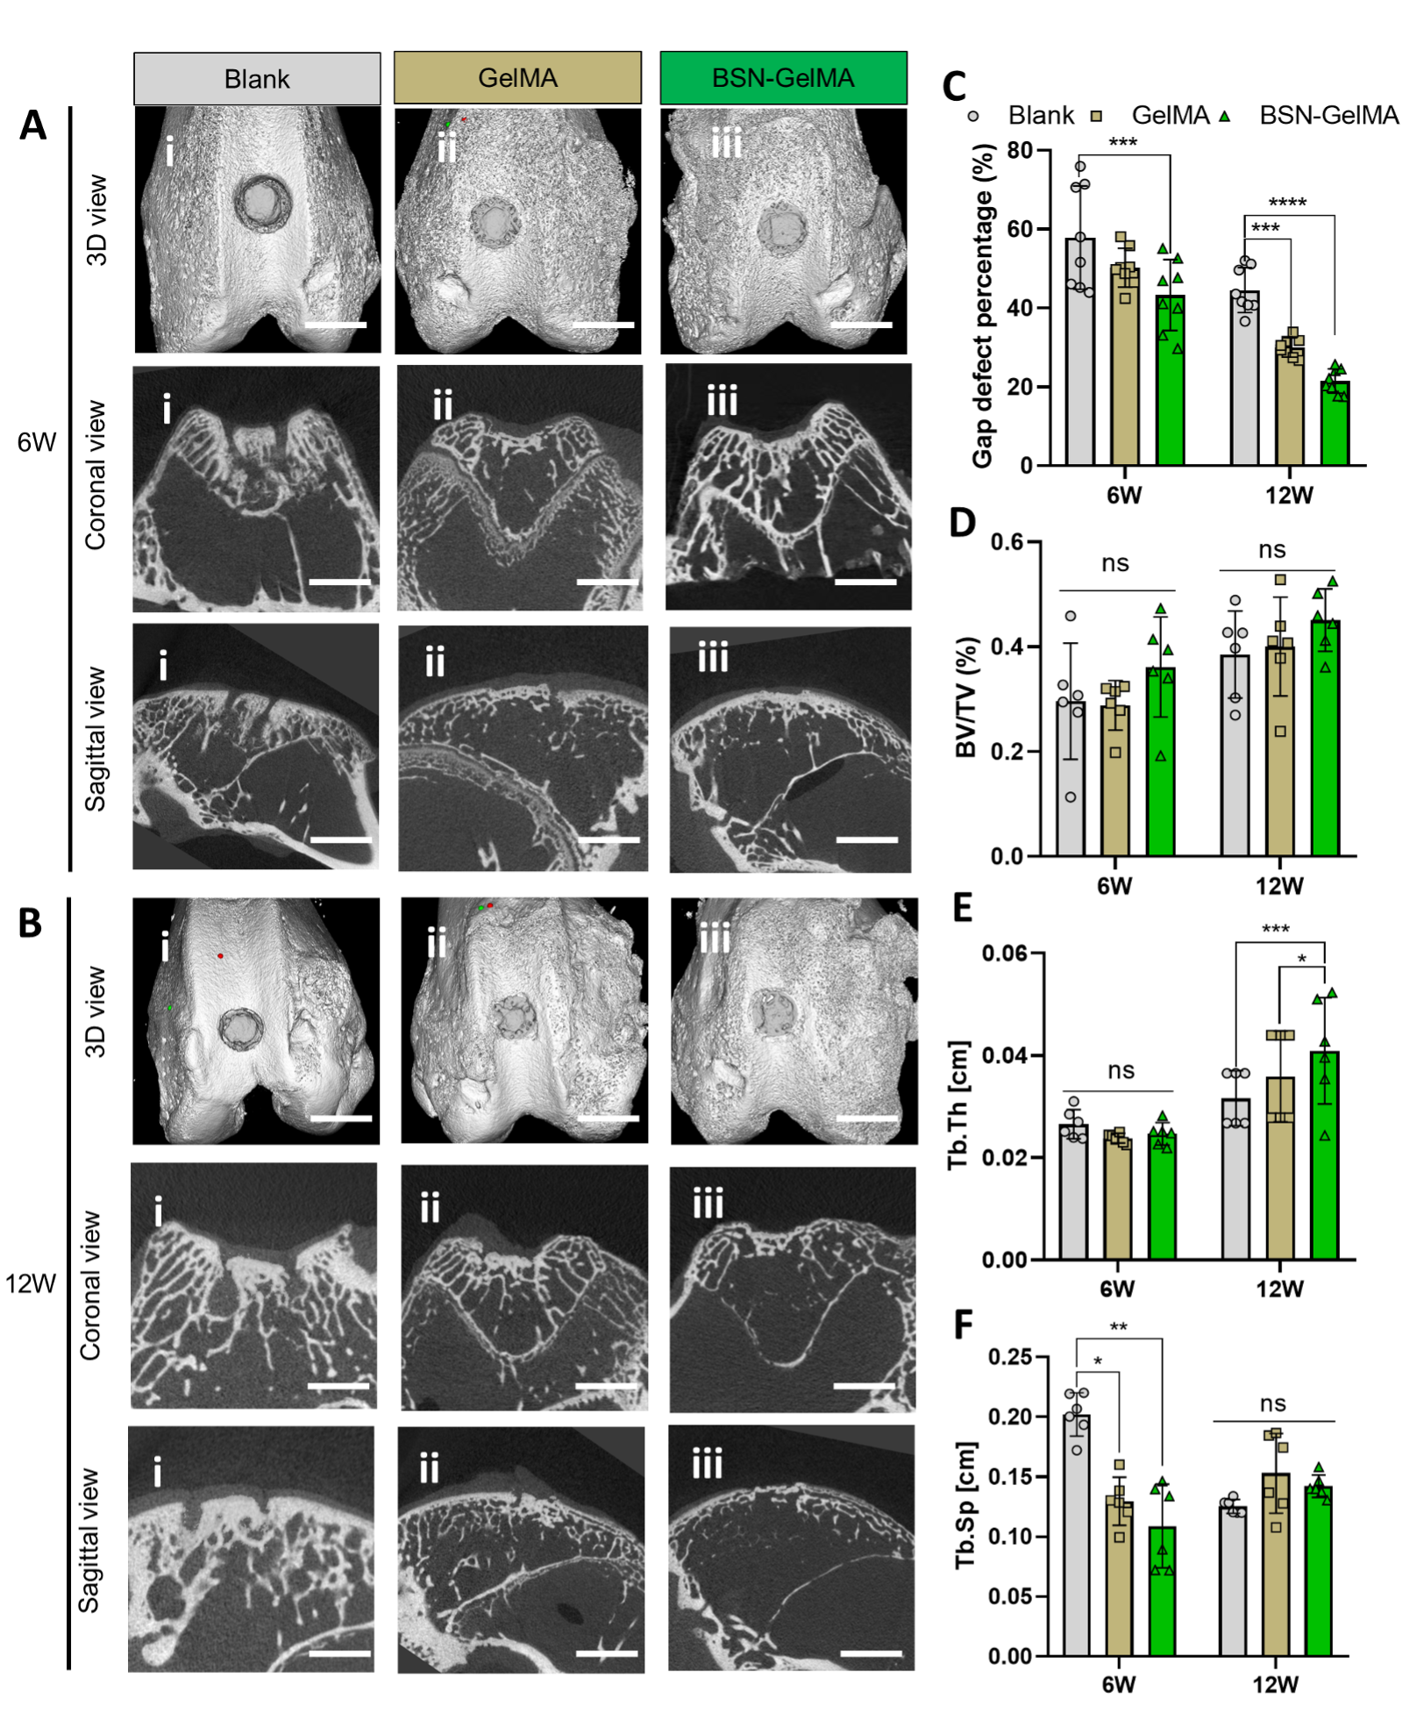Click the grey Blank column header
coord(257,79)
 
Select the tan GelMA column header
coord(517,78)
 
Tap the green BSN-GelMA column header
coord(783,78)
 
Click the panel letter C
coord(954,87)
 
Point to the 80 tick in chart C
coord(1020,151)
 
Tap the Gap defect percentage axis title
coord(983,307)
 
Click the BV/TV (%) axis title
coord(965,698)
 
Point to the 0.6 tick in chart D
coord(1007,542)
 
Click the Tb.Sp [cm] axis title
coord(966,1505)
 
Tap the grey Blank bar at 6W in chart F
coord(1077,1535)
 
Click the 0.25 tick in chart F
coord(1009,1357)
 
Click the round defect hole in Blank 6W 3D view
coord(262,204)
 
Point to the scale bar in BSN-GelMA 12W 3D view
coord(867,1118)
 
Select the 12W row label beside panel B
coord(31,1284)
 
